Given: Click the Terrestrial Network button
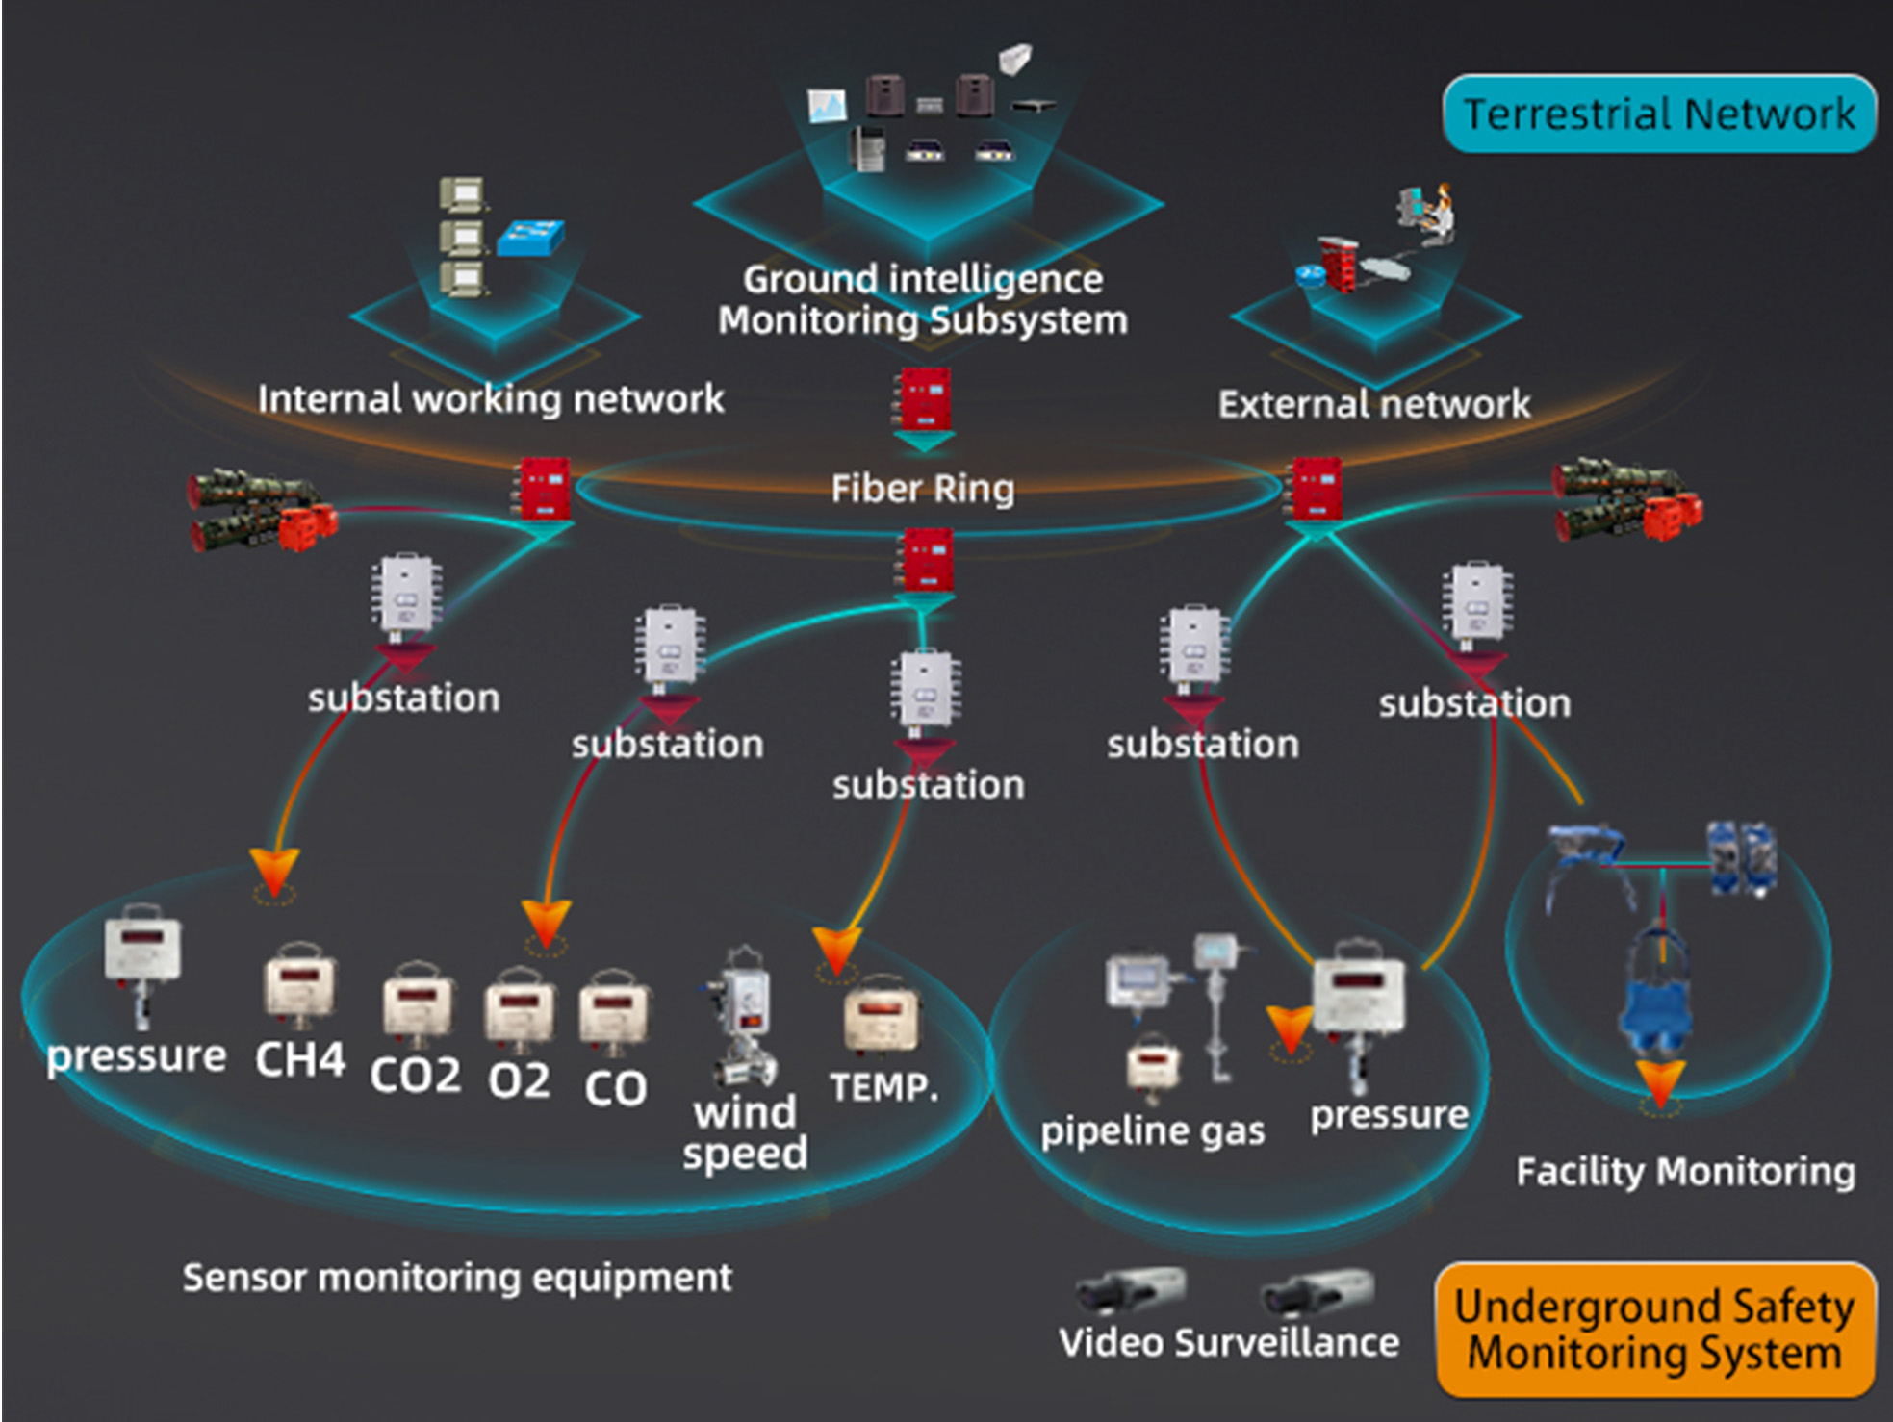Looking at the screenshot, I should tap(1658, 114).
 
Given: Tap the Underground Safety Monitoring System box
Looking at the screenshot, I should tap(1654, 1330).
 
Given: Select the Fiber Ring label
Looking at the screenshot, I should tap(922, 489).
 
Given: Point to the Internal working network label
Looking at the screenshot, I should tap(490, 399).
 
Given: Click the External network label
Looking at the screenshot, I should tap(1373, 404).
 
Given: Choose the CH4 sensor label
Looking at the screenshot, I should tap(299, 1059).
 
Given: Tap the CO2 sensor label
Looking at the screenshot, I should tap(415, 1076).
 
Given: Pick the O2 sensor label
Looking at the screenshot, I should tap(519, 1080).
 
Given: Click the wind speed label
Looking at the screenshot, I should tap(745, 1132).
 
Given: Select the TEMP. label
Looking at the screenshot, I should tap(883, 1087).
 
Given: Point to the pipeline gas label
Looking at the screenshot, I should tap(1152, 1130).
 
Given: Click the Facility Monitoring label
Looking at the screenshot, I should tap(1685, 1172).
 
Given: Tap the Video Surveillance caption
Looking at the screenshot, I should tap(1229, 1342).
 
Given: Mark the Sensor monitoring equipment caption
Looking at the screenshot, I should tap(457, 1278).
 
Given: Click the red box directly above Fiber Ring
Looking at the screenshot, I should tap(924, 398).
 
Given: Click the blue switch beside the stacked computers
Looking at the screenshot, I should tap(530, 238).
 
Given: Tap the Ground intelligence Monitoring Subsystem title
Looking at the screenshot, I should tap(922, 299).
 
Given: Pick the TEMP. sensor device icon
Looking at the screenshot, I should tap(880, 1014).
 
